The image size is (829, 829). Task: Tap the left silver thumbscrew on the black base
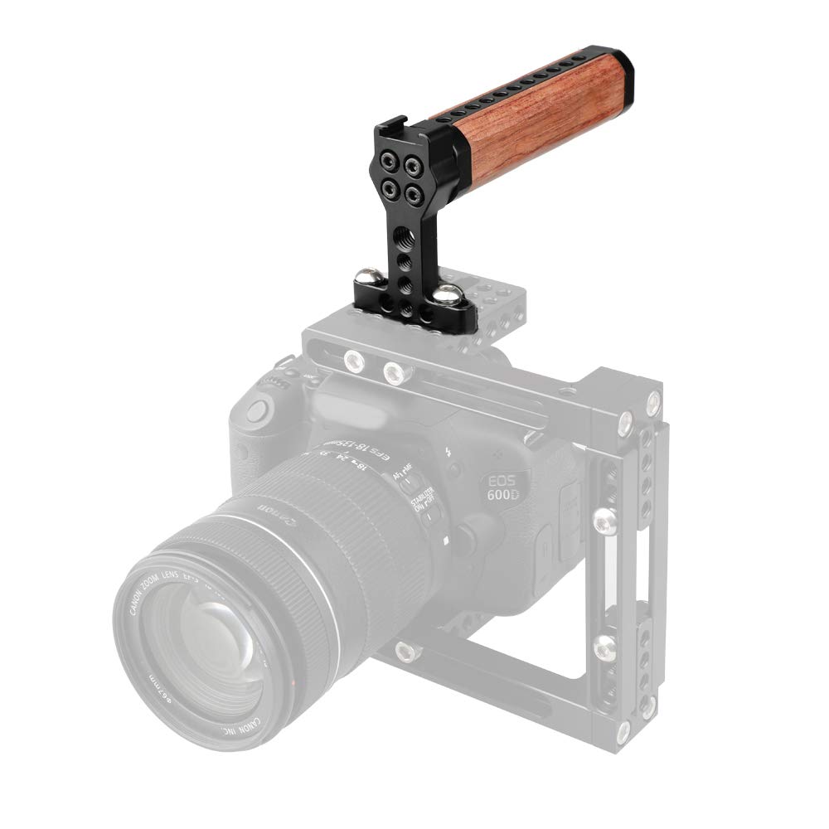367,275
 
